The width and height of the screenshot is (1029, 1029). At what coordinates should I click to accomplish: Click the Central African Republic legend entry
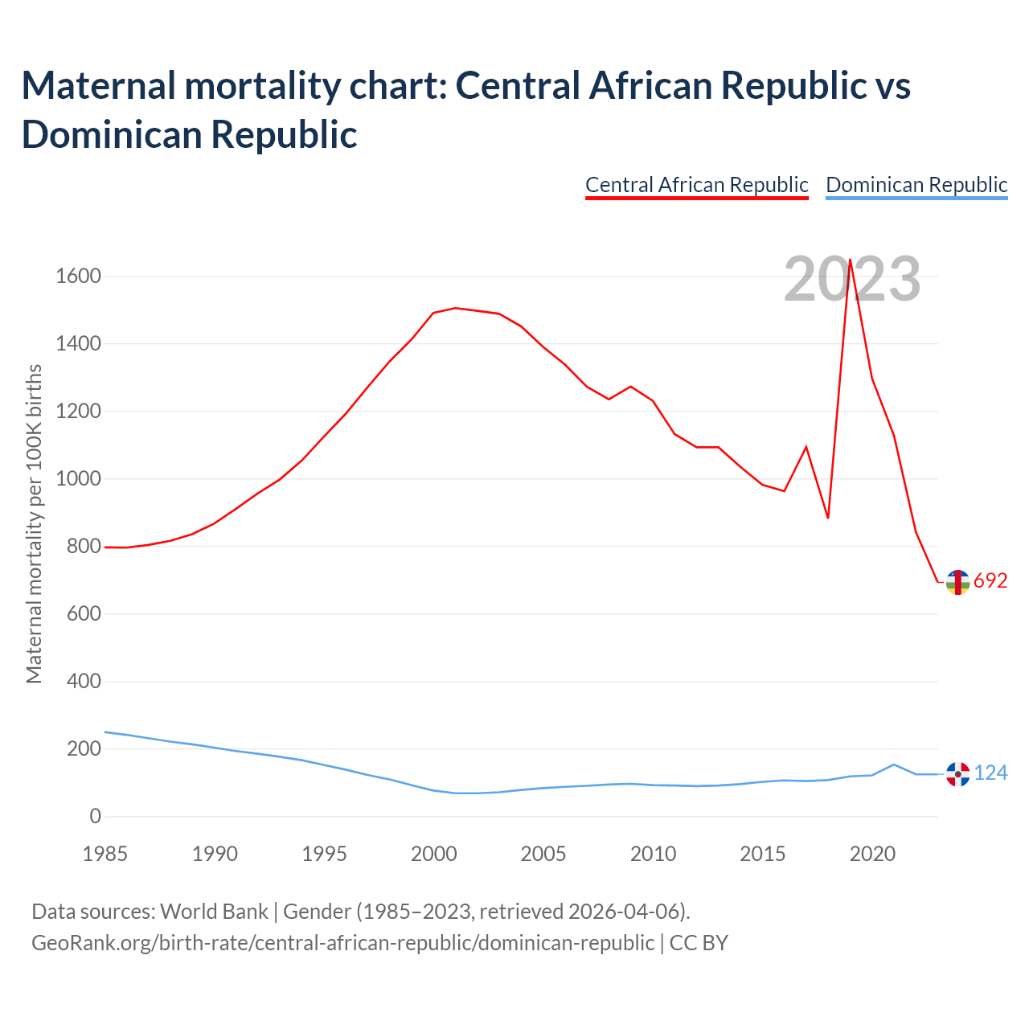[696, 185]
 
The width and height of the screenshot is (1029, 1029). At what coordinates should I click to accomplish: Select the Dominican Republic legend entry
[916, 185]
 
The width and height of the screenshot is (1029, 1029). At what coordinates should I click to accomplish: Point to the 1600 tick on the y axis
[78, 277]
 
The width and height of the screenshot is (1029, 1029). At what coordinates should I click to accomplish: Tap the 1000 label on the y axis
[78, 479]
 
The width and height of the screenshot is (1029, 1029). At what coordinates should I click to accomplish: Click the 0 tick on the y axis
[96, 817]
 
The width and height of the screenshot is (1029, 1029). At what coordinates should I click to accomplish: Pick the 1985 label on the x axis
[105, 854]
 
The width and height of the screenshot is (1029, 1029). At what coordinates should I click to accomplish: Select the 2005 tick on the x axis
[543, 854]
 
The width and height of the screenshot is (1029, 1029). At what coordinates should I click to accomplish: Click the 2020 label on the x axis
[872, 854]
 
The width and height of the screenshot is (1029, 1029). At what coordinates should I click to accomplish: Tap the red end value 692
[990, 581]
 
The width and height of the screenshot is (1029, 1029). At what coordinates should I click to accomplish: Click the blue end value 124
[990, 773]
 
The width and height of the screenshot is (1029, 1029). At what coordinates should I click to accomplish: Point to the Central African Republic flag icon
[957, 582]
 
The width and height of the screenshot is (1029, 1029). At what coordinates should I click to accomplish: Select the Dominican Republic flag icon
[957, 774]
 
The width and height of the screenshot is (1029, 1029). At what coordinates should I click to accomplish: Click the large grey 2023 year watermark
[852, 280]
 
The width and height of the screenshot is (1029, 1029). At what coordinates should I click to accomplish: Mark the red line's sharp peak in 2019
[850, 260]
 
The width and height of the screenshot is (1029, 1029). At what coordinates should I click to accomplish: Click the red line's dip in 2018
[828, 518]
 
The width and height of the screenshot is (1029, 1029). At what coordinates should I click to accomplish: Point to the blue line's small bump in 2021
[894, 765]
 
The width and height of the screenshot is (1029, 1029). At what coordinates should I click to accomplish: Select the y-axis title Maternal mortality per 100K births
[34, 524]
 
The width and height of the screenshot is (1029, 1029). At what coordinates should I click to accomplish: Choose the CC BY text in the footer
[699, 943]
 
